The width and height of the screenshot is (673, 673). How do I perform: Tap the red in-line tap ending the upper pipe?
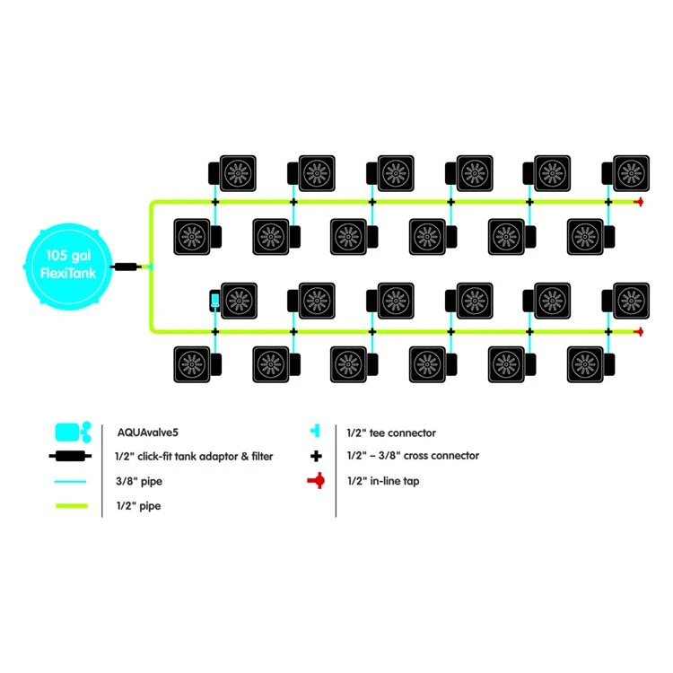[x=638, y=202]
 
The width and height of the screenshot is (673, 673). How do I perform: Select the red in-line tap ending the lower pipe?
[x=638, y=332]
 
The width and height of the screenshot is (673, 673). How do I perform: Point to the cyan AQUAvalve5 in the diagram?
[x=215, y=299]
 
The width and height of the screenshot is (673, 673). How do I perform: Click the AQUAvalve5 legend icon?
[x=72, y=432]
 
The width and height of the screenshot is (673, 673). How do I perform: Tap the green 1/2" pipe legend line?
[x=72, y=506]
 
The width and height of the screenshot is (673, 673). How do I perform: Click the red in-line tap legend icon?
[x=315, y=481]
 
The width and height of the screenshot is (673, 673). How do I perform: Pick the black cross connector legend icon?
[x=315, y=456]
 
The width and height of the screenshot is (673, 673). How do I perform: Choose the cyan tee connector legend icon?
[x=315, y=432]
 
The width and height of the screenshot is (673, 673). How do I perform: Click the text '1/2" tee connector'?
[x=390, y=433]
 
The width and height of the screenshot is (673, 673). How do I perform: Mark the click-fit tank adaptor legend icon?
[x=72, y=456]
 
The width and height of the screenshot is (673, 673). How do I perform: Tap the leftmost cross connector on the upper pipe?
[x=215, y=202]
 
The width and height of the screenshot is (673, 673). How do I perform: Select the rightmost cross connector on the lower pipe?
[x=608, y=332]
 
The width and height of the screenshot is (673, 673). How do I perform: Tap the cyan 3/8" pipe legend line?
[x=72, y=481]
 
